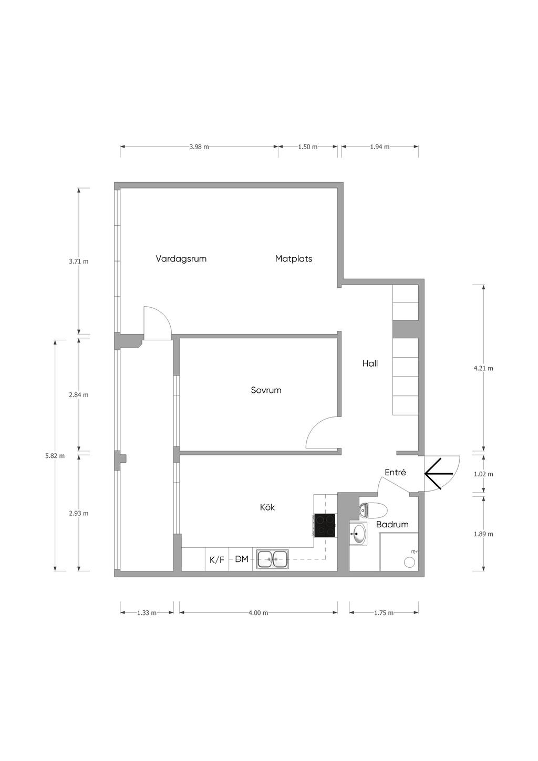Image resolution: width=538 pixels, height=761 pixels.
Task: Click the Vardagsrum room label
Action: [181, 259]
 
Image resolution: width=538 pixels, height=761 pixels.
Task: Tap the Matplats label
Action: [294, 259]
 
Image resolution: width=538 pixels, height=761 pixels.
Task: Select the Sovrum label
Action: [266, 390]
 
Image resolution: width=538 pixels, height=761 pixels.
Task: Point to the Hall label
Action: [370, 363]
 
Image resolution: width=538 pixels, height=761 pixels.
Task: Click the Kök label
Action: [267, 507]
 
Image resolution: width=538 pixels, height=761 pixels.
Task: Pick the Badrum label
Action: [392, 524]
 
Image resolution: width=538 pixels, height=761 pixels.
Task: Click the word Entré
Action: [395, 472]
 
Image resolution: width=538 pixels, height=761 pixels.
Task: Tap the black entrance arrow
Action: [439, 474]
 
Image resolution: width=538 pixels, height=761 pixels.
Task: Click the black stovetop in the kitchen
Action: [325, 526]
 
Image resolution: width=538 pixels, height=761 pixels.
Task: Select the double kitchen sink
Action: [273, 559]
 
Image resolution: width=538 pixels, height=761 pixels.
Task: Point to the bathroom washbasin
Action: [358, 534]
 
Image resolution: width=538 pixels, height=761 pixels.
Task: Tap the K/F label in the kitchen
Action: [217, 560]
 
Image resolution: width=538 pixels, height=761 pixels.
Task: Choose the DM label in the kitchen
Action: [242, 559]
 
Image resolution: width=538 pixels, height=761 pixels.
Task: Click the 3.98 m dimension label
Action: [199, 147]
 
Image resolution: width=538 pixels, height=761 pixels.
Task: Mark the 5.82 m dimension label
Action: [55, 456]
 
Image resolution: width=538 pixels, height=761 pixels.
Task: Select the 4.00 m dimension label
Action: [258, 613]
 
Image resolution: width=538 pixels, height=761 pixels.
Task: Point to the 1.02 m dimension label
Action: [483, 474]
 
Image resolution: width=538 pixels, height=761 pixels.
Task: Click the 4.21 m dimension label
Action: [483, 368]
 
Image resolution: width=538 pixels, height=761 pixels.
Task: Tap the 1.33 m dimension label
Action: [147, 613]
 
